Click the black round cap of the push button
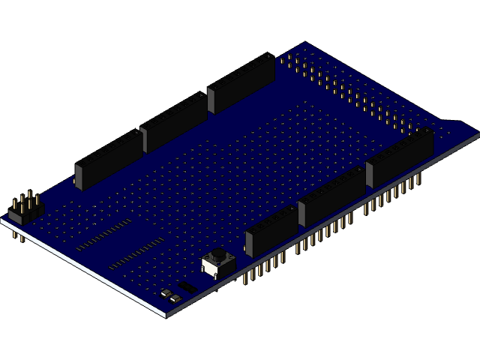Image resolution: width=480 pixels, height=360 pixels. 217,255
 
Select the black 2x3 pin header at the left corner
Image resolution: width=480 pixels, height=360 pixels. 25,211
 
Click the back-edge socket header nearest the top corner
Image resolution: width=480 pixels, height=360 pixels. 241,82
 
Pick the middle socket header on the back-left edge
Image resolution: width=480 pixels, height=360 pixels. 173,121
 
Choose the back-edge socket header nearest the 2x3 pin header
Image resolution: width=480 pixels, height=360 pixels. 109,159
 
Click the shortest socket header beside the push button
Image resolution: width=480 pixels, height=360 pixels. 271,231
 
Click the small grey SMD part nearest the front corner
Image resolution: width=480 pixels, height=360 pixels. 175,298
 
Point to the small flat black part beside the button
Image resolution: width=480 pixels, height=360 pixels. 187,286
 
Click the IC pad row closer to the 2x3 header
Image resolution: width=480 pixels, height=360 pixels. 103,235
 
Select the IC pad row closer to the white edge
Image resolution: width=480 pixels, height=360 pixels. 136,253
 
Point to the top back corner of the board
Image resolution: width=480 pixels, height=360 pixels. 306,43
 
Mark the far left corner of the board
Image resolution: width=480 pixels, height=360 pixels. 2,220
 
